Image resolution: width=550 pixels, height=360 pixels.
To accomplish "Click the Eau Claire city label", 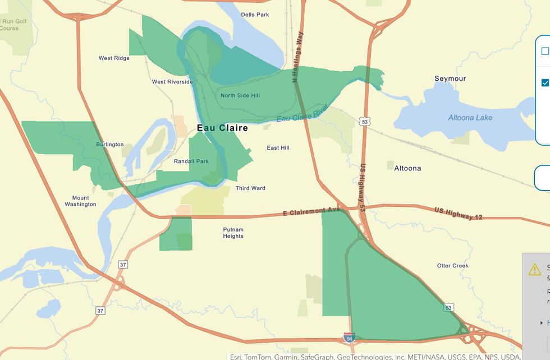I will [x=222, y=128].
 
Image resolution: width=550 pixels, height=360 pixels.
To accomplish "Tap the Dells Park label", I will [x=255, y=15].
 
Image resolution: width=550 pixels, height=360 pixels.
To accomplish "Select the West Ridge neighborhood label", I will [x=114, y=58].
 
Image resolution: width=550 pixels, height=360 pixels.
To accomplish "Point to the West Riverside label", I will [x=172, y=82].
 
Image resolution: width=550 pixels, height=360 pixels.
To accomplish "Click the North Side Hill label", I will [x=240, y=96].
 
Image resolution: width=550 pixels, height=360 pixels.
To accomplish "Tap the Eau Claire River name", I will [x=302, y=114].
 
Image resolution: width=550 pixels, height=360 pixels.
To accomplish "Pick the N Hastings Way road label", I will [x=297, y=57].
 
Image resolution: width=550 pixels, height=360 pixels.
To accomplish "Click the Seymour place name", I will [x=450, y=79].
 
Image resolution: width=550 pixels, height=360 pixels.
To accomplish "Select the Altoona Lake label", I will [x=470, y=118].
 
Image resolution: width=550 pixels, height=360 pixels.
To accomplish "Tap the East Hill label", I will [x=278, y=148].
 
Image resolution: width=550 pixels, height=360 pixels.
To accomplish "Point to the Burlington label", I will [x=110, y=145].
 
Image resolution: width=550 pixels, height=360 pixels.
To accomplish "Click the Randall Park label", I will [x=191, y=161].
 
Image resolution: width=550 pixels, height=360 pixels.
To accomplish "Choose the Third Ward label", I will [x=250, y=188].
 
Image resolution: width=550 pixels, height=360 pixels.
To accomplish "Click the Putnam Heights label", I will [x=233, y=233].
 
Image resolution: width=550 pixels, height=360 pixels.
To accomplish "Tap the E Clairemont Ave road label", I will [x=311, y=212].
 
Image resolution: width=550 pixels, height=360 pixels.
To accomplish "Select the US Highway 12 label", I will [x=458, y=214].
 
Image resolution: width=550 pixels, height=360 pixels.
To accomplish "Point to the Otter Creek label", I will [x=453, y=266].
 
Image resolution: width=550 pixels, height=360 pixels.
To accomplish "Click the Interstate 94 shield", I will [x=349, y=337].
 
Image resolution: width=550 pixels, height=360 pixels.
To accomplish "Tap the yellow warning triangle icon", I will [x=535, y=270].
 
